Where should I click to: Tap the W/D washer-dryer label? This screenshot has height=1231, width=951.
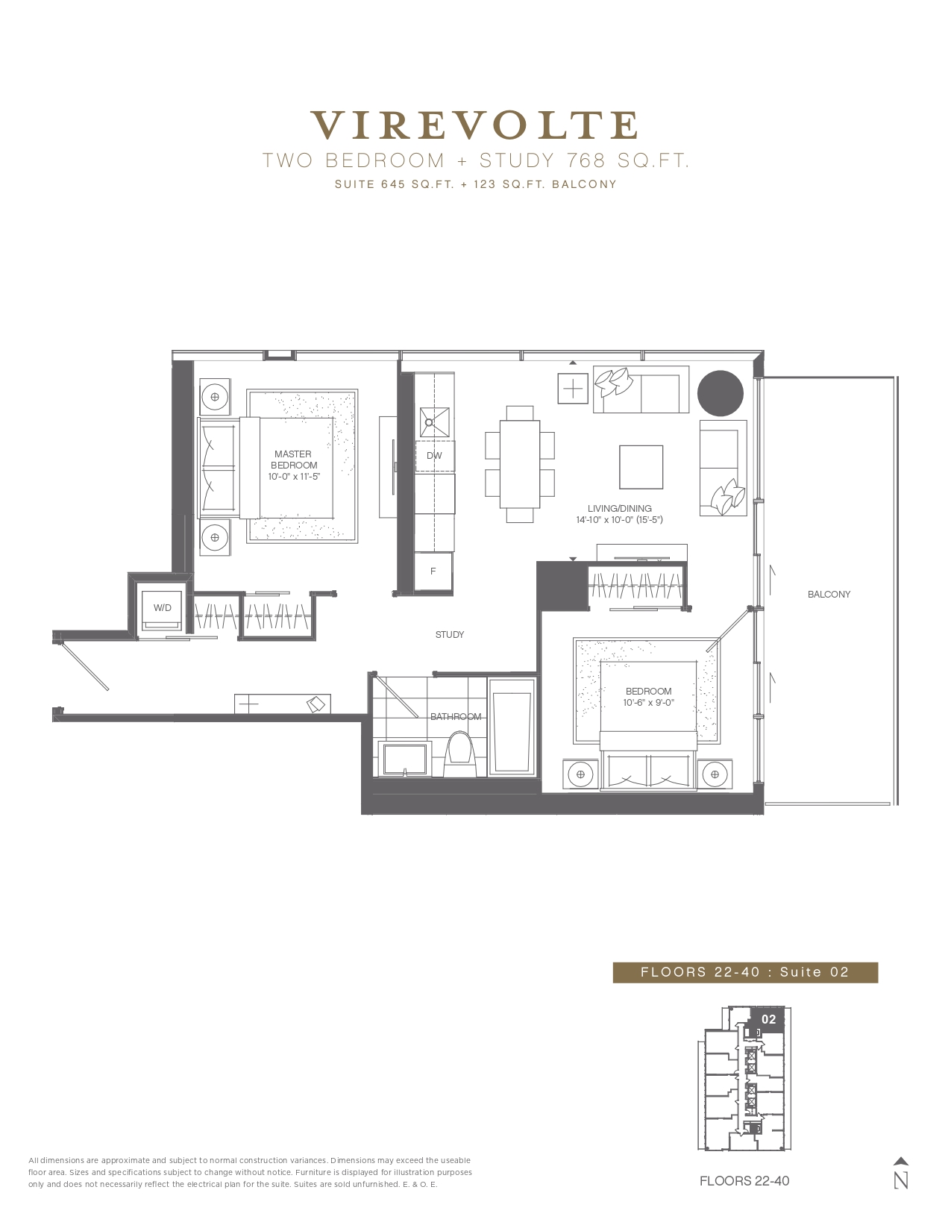pyautogui.click(x=162, y=608)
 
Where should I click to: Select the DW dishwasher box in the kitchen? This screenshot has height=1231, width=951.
pyautogui.click(x=434, y=455)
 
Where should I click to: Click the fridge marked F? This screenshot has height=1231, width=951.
pyautogui.click(x=433, y=571)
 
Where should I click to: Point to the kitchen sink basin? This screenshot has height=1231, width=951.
pyautogui.click(x=434, y=422)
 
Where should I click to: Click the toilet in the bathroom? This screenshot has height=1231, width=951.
pyautogui.click(x=458, y=754)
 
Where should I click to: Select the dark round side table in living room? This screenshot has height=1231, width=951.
pyautogui.click(x=720, y=393)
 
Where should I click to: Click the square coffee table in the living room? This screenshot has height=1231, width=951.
pyautogui.click(x=641, y=467)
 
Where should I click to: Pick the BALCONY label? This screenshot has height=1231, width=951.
pyautogui.click(x=829, y=595)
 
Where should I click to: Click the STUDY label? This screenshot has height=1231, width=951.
pyautogui.click(x=450, y=634)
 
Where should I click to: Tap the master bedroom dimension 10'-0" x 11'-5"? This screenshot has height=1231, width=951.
pyautogui.click(x=294, y=477)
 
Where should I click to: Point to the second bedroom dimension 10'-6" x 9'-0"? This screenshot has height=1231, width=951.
pyautogui.click(x=648, y=703)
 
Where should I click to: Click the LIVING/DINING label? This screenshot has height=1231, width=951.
pyautogui.click(x=620, y=508)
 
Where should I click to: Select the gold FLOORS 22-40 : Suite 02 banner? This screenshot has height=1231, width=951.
pyautogui.click(x=745, y=972)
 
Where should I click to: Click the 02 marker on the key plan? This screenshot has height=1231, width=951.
pyautogui.click(x=768, y=1019)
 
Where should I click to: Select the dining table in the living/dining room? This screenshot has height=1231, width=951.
pyautogui.click(x=519, y=464)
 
